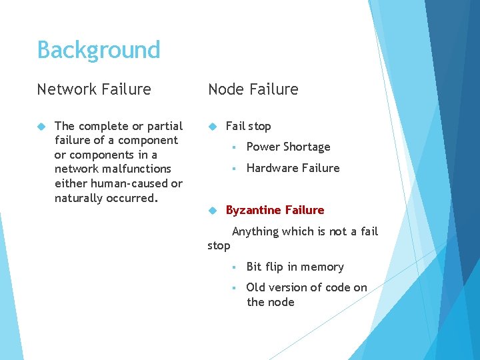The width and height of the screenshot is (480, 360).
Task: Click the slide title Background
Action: point(99,50)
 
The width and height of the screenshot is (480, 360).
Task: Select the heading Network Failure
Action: point(94,89)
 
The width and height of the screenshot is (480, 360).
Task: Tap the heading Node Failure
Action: point(253,89)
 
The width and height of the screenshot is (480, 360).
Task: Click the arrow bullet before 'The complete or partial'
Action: point(41,126)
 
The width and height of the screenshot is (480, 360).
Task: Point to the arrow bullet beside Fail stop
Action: point(213,126)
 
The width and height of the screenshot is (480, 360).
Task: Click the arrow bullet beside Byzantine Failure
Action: point(213,210)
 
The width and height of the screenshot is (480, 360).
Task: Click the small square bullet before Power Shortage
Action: point(235,147)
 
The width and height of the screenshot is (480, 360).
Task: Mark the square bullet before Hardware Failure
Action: point(235,169)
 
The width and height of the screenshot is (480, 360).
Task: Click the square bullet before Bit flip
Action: point(235,267)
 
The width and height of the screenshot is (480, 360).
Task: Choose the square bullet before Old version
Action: point(235,288)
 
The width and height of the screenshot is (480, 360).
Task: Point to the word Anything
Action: point(255,231)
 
